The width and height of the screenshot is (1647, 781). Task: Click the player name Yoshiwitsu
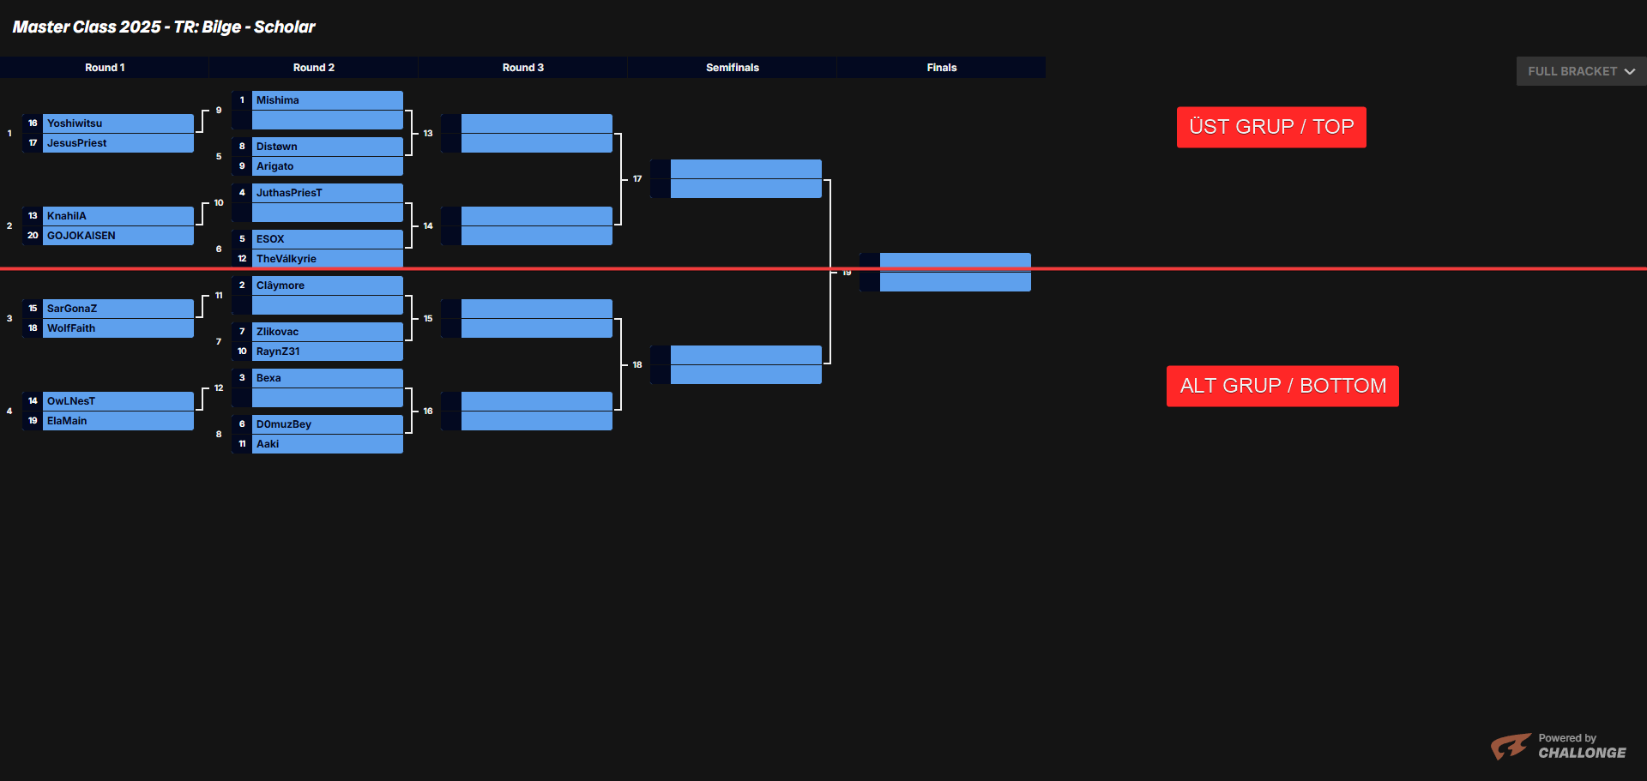(75, 123)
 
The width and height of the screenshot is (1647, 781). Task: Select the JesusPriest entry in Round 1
(77, 143)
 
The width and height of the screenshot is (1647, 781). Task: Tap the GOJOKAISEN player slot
(81, 236)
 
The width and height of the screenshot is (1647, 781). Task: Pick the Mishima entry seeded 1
(278, 100)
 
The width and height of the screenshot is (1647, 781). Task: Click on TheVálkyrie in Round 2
(287, 259)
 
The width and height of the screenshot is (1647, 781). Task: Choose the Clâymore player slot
(281, 285)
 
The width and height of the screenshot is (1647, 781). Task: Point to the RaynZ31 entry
(278, 351)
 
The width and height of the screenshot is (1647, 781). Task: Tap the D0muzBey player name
(284, 424)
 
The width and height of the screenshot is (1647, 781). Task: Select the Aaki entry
(268, 444)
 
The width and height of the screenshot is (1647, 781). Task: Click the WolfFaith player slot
(71, 328)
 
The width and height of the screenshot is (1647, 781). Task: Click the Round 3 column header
(523, 68)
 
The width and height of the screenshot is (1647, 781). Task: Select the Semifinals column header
(733, 68)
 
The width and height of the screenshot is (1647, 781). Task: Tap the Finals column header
(942, 68)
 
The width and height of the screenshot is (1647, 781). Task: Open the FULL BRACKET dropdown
(1581, 71)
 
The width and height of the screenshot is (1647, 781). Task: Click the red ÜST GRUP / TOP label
(1271, 127)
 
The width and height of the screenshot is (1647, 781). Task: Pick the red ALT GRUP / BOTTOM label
(1282, 386)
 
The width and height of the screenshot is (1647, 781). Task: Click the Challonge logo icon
(1511, 746)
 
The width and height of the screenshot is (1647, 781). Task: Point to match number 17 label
(637, 179)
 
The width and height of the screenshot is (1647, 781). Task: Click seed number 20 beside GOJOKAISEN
(33, 236)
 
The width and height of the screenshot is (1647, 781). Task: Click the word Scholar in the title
(285, 27)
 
